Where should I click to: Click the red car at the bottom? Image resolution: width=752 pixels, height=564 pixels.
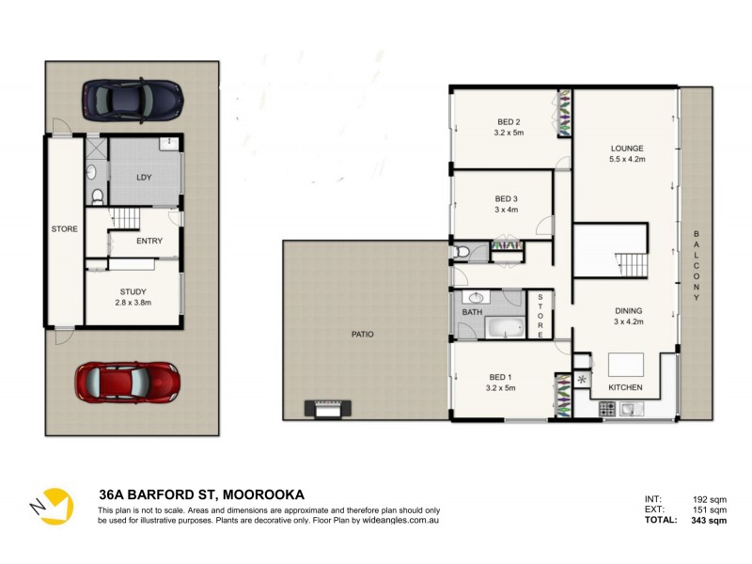(127, 382)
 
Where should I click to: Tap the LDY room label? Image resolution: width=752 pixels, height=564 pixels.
(144, 177)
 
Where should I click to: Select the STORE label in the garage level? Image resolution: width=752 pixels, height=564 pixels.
(63, 228)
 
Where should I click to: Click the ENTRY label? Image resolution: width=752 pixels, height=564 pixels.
(149, 242)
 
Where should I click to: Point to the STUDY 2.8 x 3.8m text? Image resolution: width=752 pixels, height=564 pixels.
(132, 297)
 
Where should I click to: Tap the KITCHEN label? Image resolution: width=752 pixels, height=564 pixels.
(625, 387)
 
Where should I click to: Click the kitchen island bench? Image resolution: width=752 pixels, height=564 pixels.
(626, 364)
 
